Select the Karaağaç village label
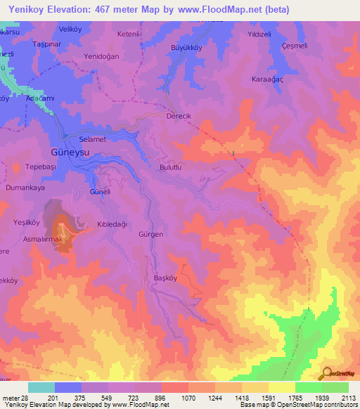point(267,79)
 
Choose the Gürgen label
point(151,234)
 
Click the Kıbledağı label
point(111,224)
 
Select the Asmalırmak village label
point(43,240)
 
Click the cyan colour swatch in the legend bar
point(41,387)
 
